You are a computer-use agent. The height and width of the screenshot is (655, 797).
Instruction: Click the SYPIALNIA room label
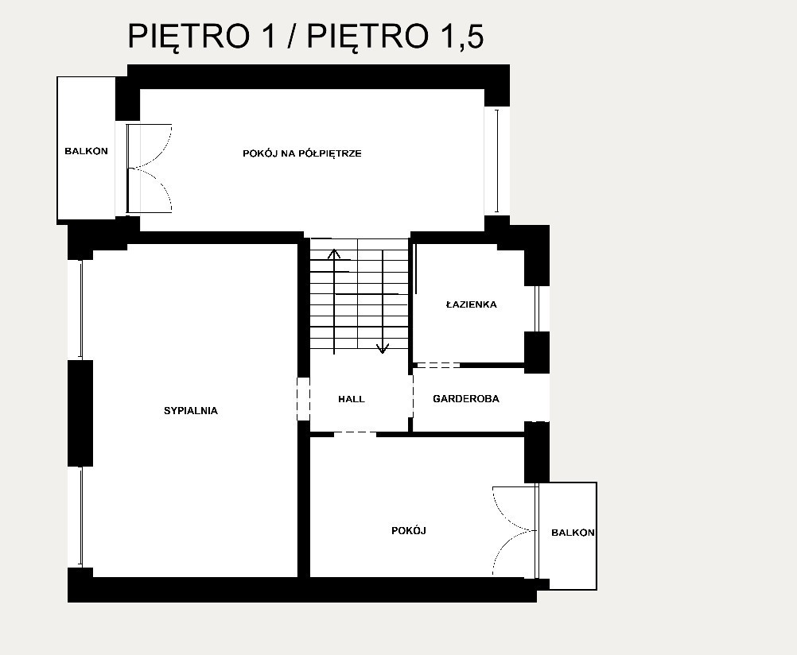(191, 411)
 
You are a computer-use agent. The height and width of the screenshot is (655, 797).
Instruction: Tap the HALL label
(352, 399)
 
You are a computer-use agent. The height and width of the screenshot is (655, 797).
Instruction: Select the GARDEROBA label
(466, 399)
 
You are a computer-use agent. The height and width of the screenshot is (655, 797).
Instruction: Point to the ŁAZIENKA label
(471, 304)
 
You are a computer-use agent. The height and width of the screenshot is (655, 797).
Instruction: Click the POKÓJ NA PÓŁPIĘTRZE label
(302, 153)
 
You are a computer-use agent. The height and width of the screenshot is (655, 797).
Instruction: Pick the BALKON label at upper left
(87, 151)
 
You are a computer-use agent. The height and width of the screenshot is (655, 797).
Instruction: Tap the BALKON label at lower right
(573, 533)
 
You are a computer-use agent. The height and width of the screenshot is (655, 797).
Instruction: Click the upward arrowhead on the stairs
(333, 254)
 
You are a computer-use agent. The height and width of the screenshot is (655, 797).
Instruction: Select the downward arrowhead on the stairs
(383, 349)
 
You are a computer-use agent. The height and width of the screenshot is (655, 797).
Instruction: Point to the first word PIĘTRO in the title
(189, 35)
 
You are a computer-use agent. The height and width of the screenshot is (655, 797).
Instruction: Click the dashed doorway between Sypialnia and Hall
(304, 399)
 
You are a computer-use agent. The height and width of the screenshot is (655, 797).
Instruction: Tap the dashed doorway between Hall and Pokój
(355, 433)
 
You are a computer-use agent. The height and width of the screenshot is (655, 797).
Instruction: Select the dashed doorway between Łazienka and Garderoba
(437, 365)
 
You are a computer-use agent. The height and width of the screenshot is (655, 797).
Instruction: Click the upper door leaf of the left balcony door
(149, 145)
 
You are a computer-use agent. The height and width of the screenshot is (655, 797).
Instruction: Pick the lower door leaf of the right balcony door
(513, 553)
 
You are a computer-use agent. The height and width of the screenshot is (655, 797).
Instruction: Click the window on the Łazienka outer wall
(537, 308)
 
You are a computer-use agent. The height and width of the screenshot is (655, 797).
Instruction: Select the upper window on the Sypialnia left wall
(80, 310)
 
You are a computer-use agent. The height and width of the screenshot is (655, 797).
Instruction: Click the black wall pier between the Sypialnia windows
(80, 413)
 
